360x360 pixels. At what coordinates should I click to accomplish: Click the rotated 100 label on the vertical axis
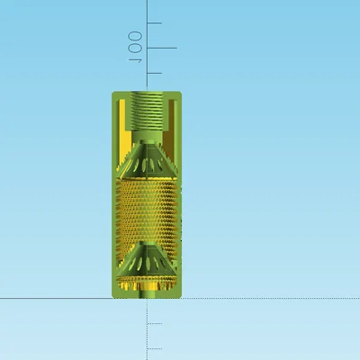[135, 48]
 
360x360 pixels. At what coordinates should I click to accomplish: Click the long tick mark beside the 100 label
[162, 48]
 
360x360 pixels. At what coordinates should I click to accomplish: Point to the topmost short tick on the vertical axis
[154, 22]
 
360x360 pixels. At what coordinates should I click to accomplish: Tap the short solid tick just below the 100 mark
[154, 73]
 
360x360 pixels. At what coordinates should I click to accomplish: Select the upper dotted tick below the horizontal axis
[155, 324]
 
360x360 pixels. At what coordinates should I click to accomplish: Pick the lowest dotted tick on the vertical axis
[155, 349]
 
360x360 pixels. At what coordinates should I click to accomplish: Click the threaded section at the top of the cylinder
[147, 111]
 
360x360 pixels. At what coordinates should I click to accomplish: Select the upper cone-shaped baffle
[147, 159]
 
